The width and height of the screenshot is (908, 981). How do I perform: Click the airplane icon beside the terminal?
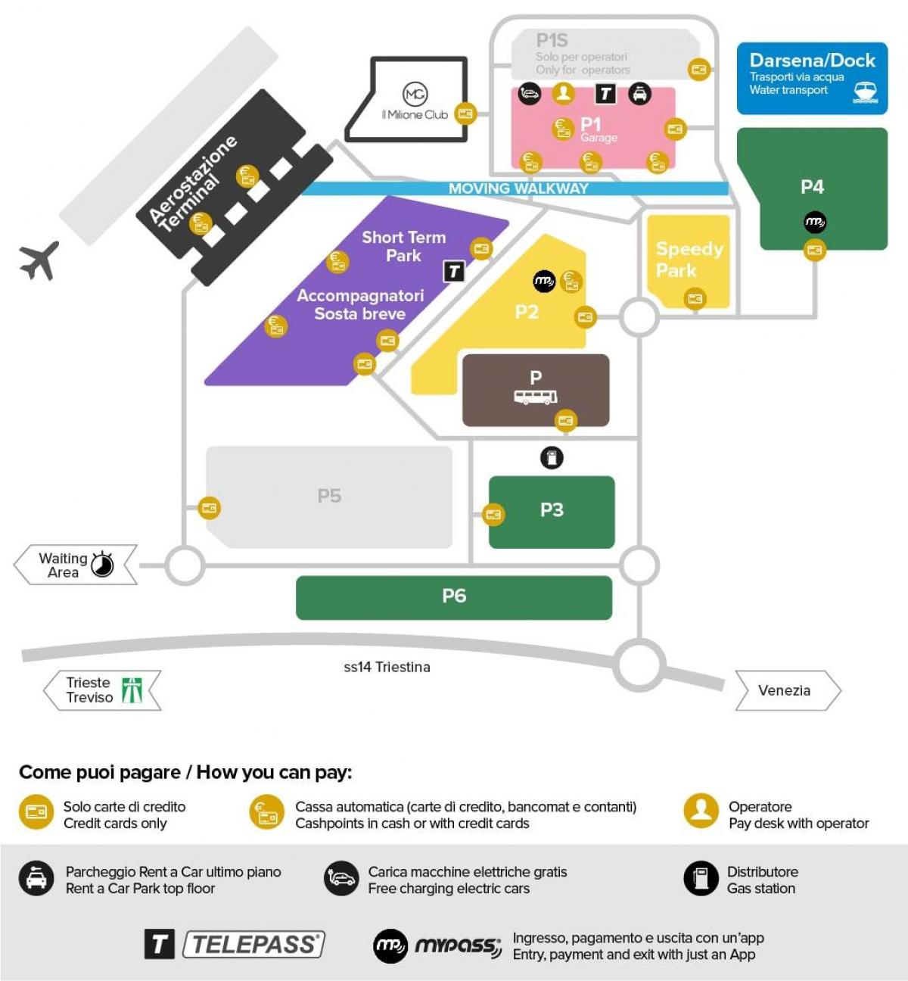[x=39, y=260]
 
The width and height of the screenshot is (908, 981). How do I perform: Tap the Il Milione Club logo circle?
[x=415, y=94]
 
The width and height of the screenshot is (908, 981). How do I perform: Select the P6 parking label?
[x=454, y=596]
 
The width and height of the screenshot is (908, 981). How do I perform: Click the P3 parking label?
[x=552, y=510]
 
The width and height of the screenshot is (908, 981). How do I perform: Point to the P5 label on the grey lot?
[x=329, y=497]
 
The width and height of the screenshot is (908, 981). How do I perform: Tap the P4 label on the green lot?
[x=812, y=187]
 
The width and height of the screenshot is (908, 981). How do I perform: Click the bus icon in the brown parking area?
[x=536, y=397]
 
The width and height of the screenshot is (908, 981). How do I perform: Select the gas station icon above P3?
[x=552, y=457]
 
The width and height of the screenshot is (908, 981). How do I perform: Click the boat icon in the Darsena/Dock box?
[x=865, y=92]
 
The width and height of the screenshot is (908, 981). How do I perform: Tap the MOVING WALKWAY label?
[x=518, y=188]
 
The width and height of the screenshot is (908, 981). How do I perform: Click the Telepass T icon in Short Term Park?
[x=453, y=271]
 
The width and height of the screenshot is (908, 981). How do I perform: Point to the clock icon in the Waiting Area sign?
[x=102, y=565]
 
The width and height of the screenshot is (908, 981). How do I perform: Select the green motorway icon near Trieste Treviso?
[x=132, y=690]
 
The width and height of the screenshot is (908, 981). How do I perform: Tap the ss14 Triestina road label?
[x=387, y=667]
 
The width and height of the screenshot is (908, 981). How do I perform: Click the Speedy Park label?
[x=689, y=260]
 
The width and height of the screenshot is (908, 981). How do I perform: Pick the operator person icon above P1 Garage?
[x=563, y=93]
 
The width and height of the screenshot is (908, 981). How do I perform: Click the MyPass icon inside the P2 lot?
[x=544, y=282]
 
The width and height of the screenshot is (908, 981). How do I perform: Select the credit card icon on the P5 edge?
[x=210, y=508]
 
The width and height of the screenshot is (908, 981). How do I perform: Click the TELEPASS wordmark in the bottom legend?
[x=254, y=944]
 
